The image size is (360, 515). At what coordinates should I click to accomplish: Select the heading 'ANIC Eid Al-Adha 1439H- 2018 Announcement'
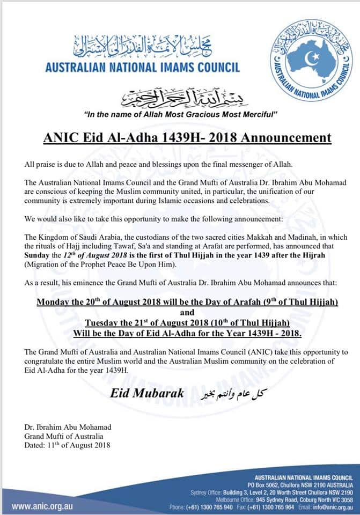(x=186, y=138)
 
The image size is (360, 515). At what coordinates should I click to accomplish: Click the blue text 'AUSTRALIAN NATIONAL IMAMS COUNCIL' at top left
(x=142, y=68)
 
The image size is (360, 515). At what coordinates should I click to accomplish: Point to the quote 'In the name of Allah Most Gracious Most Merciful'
(x=181, y=115)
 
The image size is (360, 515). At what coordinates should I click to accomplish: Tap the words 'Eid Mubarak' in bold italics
(x=147, y=393)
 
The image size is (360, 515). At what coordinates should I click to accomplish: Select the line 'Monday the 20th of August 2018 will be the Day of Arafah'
(x=187, y=302)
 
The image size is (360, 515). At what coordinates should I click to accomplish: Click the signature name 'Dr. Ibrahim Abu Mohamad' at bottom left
(x=68, y=427)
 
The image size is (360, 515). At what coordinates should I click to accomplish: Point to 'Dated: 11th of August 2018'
(x=68, y=444)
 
